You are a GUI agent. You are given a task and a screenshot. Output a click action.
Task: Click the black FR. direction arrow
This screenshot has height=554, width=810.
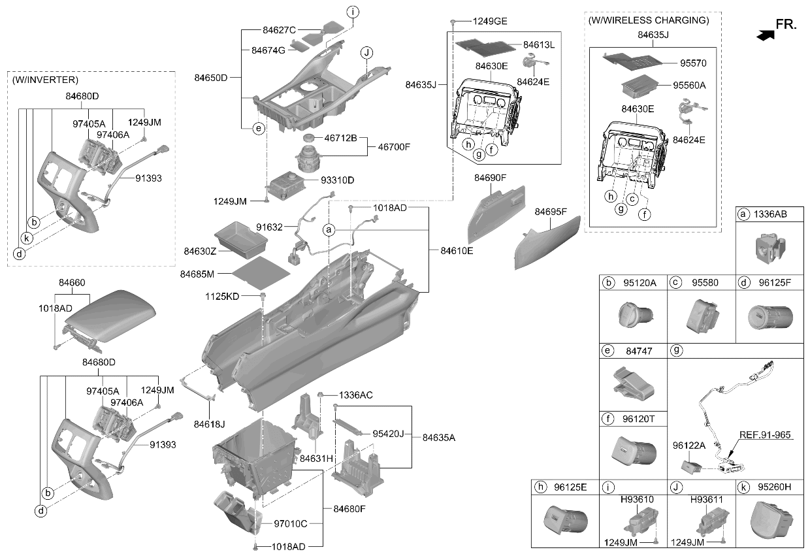[766, 35]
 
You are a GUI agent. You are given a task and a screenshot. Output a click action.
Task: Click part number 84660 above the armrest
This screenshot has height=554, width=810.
[72, 282]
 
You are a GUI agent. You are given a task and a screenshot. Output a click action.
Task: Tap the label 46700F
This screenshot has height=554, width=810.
[394, 147]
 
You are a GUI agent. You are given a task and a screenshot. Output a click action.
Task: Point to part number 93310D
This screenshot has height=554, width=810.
[337, 180]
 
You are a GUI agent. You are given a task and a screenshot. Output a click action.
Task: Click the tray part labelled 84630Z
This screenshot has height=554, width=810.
[241, 240]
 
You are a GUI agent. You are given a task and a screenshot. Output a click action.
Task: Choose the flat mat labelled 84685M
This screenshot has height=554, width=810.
[261, 272]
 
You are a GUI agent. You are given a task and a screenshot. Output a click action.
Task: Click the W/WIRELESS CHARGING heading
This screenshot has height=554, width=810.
[649, 20]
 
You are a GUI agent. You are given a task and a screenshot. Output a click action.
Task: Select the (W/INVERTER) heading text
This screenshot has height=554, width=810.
[45, 80]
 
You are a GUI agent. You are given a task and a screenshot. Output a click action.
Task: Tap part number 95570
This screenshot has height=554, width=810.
[693, 63]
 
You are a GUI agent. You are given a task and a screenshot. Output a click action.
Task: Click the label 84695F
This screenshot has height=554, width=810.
[551, 212]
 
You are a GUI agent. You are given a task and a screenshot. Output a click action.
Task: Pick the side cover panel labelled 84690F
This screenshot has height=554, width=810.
[496, 214]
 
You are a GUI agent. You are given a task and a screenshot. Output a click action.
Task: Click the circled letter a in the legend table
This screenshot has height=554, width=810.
[743, 214]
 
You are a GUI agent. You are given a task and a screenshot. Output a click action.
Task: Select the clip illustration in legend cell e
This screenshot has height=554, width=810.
[633, 383]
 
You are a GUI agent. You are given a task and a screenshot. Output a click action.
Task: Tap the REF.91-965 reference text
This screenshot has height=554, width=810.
[765, 435]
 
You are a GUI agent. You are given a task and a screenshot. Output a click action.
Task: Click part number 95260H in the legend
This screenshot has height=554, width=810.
[775, 487]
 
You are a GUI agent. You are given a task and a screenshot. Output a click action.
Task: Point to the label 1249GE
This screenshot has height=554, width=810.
[490, 22]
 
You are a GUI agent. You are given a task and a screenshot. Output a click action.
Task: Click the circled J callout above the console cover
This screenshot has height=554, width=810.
[366, 53]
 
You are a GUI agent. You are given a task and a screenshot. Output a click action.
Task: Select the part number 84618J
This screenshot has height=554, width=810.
[210, 424]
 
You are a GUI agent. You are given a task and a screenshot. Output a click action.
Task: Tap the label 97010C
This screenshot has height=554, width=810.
[291, 524]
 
